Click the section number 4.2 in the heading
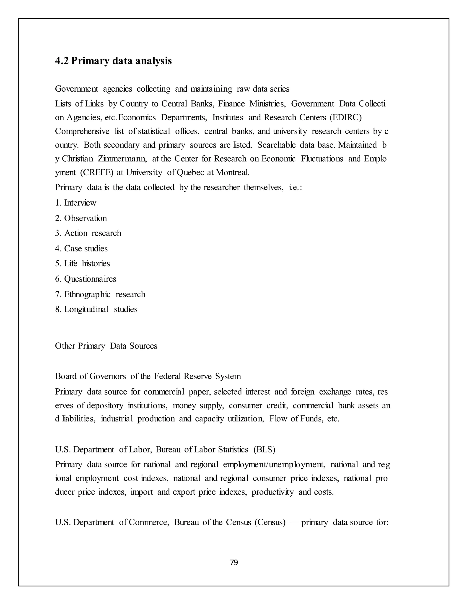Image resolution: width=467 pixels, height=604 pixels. (61, 61)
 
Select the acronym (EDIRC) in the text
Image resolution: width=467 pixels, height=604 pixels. (345, 118)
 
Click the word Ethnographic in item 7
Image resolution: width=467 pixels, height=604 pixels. (87, 294)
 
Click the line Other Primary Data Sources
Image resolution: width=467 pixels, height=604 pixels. (106, 346)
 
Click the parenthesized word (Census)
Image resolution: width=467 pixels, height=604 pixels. (270, 522)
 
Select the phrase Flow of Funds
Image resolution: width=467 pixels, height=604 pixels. (296, 419)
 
